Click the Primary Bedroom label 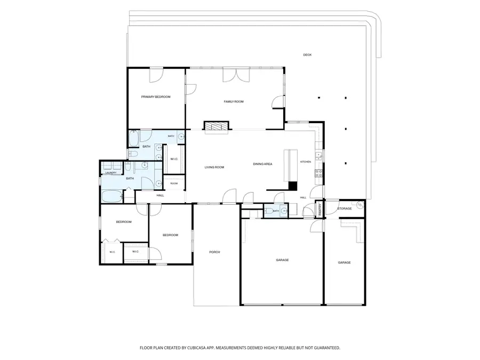point(156,97)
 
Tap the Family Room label point(234,102)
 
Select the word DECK point(307,55)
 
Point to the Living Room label point(214,167)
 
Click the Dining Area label point(262,164)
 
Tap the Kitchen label point(306,162)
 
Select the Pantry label point(319,210)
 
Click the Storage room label point(345,209)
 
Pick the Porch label point(214,252)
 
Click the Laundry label point(111,173)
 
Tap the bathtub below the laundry point(112,196)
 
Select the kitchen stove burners point(319,173)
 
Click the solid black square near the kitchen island point(293,186)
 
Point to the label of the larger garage point(282,260)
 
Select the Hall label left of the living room point(160,195)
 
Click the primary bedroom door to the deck point(156,75)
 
